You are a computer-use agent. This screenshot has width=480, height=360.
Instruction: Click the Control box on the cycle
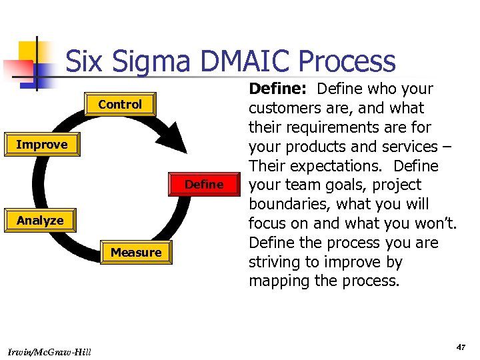pos(120,105)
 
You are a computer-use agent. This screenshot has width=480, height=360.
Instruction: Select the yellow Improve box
pos(41,145)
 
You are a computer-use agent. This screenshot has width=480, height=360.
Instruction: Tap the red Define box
pos(204,185)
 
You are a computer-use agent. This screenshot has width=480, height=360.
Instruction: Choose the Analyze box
pos(40,221)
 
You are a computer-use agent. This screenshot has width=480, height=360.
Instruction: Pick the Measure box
pos(136,253)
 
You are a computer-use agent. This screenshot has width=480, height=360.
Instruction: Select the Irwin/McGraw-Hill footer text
pos(51,351)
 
